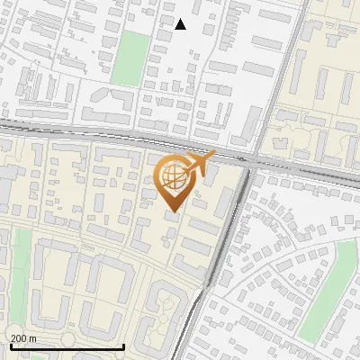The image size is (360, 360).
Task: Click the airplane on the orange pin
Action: (x=196, y=165)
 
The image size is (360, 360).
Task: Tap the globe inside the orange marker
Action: (x=172, y=177)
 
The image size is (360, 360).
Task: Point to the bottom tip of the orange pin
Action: (x=172, y=212)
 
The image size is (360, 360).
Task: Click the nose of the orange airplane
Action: (x=214, y=155)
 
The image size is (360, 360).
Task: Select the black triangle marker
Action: (x=180, y=24)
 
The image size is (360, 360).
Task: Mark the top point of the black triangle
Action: (x=180, y=19)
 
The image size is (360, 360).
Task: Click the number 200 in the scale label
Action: (x=19, y=338)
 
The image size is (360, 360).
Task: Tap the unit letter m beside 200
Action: (x=32, y=338)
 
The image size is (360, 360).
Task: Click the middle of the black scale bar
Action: (x=66, y=346)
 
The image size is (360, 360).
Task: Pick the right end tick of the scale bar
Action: (x=123, y=346)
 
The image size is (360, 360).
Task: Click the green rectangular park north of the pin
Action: (x=131, y=58)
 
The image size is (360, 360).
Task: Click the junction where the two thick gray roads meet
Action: (x=248, y=162)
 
